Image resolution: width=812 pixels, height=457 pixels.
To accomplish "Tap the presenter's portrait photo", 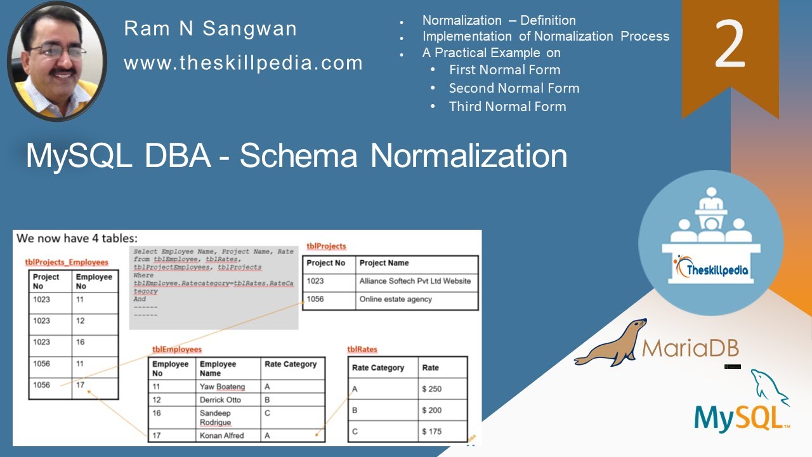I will [x=57, y=61].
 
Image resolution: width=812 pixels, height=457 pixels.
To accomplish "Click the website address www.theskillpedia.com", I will [x=243, y=63].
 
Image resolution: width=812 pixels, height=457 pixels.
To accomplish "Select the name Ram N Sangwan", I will [x=211, y=29].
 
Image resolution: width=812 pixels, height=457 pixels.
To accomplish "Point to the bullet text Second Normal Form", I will [x=514, y=88].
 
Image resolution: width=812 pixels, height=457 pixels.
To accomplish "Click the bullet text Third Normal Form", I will [x=507, y=107].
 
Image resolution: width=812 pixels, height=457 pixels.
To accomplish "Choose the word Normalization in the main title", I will [x=468, y=156].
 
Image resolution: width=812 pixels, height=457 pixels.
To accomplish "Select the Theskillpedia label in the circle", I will [x=711, y=270].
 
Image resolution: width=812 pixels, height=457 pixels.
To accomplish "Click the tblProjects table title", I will [x=326, y=246].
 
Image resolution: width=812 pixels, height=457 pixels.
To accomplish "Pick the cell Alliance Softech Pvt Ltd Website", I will [x=415, y=281].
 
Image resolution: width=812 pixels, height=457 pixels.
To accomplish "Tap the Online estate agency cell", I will [x=395, y=300].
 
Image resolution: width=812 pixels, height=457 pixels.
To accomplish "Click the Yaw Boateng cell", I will [x=222, y=387].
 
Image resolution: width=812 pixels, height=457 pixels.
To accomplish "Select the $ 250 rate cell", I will [x=431, y=389].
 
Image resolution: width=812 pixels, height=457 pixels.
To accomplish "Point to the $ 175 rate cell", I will [x=431, y=432].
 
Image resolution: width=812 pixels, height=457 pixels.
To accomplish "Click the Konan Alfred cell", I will [x=221, y=435].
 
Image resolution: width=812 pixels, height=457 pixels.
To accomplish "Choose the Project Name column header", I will [x=384, y=263].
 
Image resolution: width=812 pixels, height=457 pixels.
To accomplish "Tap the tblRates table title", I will [x=362, y=350].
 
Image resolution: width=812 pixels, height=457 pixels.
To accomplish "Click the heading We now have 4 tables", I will [x=76, y=239].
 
